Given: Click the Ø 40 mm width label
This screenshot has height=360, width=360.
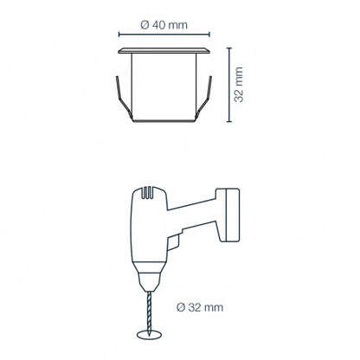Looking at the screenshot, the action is click(164, 25).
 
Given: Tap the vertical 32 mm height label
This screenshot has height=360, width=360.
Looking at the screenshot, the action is click(239, 85).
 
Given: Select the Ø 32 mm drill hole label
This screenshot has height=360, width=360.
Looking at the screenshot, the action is click(200, 307).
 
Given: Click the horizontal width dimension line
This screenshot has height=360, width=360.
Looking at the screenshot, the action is click(164, 35).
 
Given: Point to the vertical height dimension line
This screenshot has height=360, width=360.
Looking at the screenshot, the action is click(229, 85).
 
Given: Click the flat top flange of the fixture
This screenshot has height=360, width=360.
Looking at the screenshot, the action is click(164, 51).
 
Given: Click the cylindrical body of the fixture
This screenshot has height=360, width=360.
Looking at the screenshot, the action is click(164, 87).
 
